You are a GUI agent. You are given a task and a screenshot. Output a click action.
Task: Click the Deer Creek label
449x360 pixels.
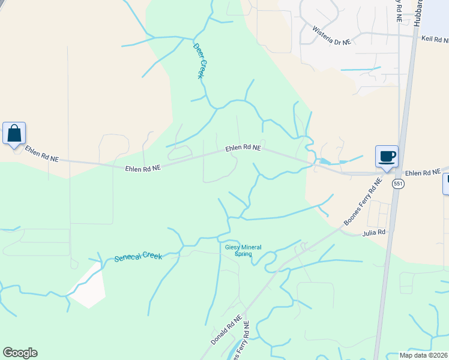click(x=201, y=61)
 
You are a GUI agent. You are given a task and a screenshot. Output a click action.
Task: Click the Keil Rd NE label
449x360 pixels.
click(x=435, y=40)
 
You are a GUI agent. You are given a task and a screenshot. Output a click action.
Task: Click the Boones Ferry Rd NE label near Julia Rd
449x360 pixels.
click(x=363, y=202)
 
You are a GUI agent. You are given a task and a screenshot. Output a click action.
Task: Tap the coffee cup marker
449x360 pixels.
click(x=387, y=157)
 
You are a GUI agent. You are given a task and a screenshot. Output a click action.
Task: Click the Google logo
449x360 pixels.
click(x=20, y=353)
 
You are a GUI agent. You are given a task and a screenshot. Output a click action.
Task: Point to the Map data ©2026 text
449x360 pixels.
click(x=423, y=355)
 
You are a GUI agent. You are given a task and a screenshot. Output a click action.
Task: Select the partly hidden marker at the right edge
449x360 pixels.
click(x=446, y=184)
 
